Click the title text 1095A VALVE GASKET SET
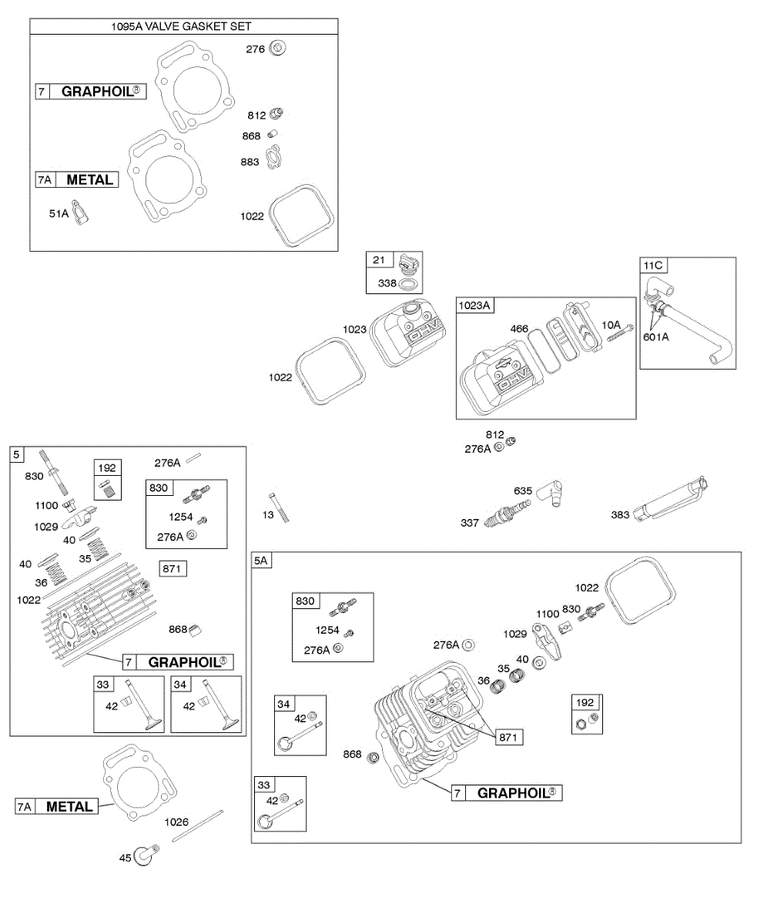[181, 26]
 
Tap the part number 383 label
[619, 514]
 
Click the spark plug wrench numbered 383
[670, 499]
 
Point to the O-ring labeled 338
[410, 284]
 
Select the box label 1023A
[474, 306]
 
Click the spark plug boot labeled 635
[551, 493]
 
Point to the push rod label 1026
[176, 822]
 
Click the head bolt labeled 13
[279, 507]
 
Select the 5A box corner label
[261, 561]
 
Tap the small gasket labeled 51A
[81, 213]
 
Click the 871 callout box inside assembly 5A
[509, 737]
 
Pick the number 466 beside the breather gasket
[519, 329]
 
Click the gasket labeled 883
[273, 157]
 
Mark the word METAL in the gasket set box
[90, 179]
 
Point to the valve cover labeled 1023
[407, 332]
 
